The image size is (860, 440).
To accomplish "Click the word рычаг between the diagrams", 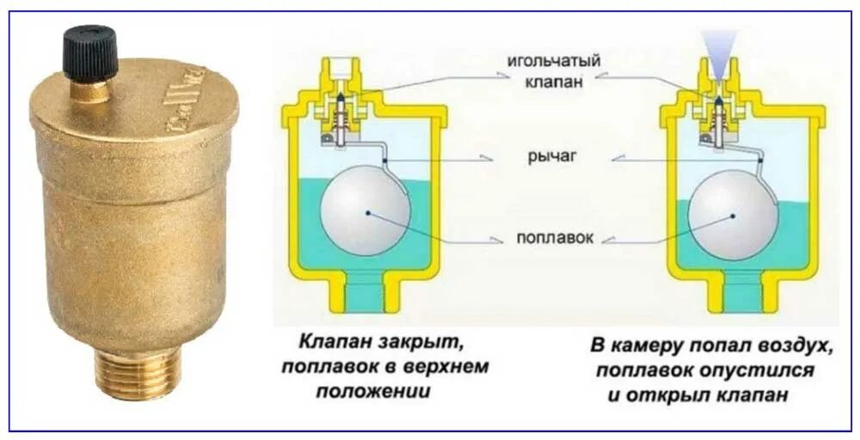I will (552, 157).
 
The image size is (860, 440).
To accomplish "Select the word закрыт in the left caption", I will (421, 343).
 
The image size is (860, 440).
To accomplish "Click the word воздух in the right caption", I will (789, 346).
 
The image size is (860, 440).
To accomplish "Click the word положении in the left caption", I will (372, 392).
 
